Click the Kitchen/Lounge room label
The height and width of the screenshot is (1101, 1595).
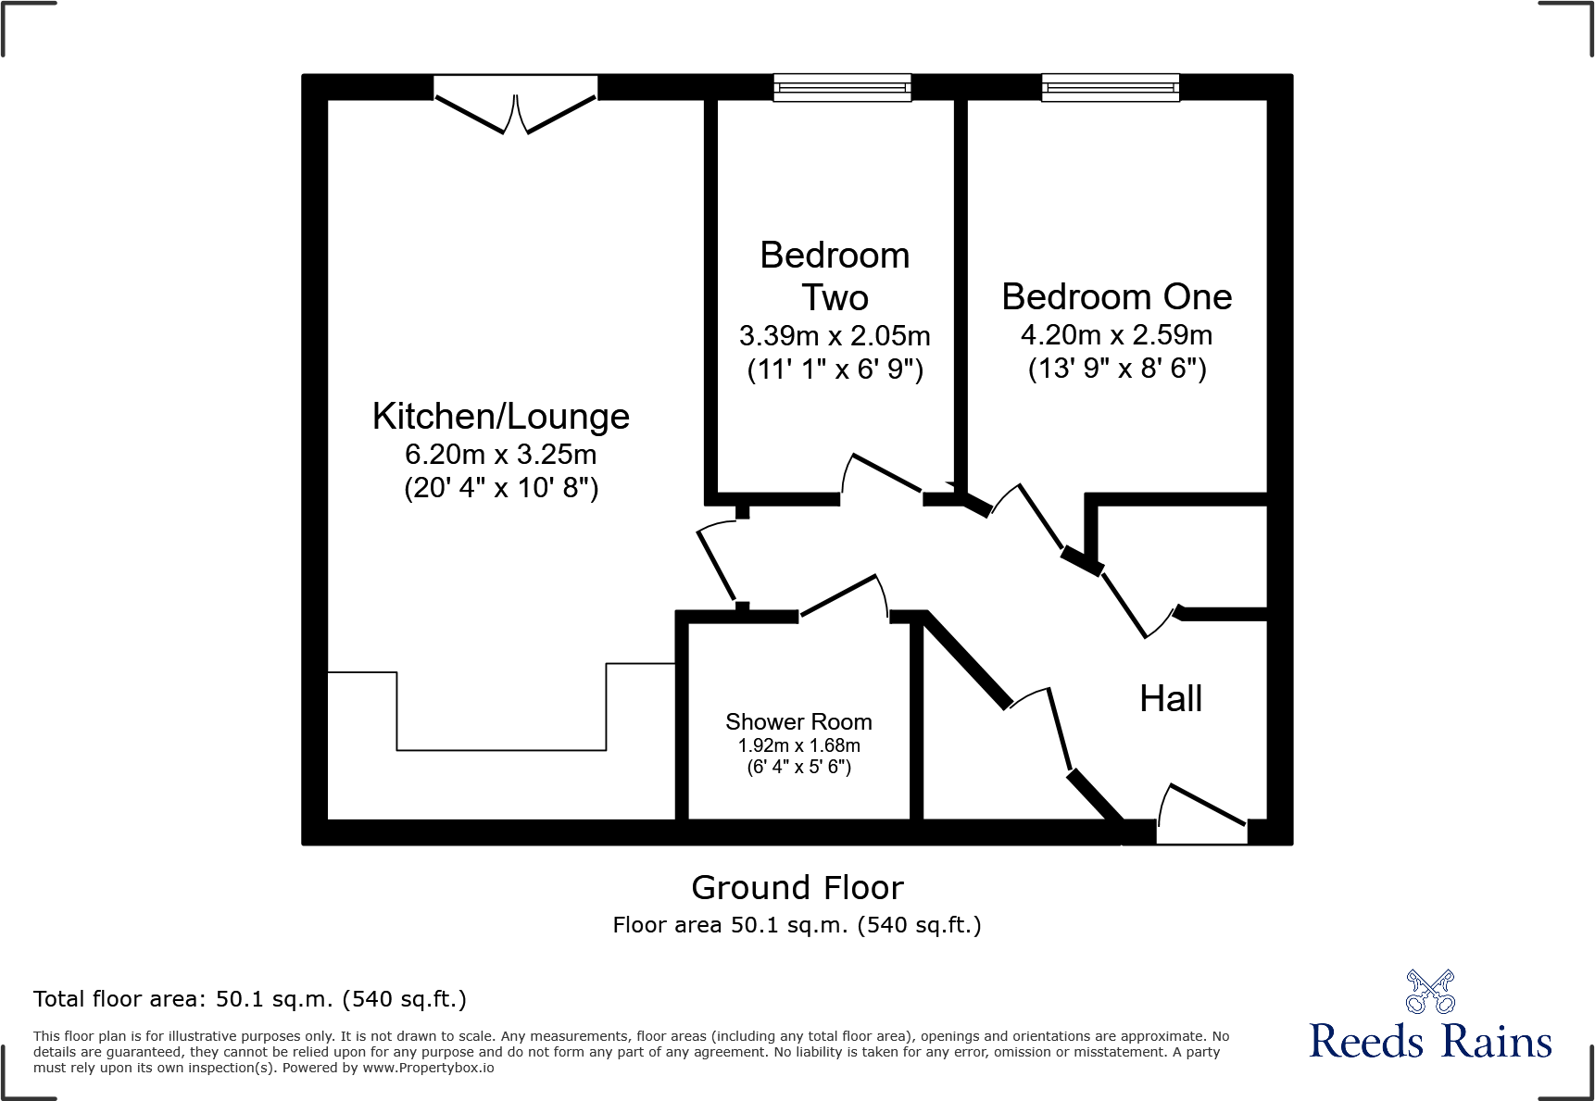(500, 417)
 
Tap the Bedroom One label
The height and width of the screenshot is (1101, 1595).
(1116, 297)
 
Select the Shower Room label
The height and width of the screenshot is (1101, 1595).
(798, 721)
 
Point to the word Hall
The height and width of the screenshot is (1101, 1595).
(1171, 699)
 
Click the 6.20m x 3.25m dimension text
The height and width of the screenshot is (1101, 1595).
(500, 455)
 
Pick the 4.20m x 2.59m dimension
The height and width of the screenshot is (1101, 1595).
(1116, 335)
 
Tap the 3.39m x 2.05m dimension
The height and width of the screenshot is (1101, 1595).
(835, 336)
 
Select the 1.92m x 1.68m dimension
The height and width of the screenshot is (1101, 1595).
(798, 745)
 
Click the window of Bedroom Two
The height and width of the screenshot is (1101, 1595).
(842, 88)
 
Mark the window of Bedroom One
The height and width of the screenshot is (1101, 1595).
(1110, 88)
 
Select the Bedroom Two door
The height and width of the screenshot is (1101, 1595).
(883, 477)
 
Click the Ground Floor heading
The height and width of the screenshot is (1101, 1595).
(797, 888)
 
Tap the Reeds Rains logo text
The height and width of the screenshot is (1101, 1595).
(1430, 1042)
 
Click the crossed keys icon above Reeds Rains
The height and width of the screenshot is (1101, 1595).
(1430, 992)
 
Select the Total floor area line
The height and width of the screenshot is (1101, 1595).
(250, 999)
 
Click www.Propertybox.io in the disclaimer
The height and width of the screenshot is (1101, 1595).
(428, 1068)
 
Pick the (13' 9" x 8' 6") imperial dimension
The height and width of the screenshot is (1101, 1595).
(1116, 369)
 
